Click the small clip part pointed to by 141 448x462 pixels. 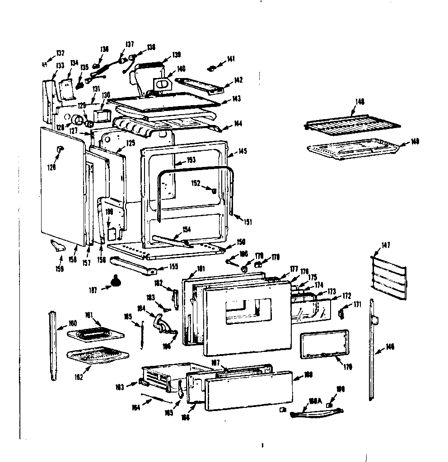[212, 68]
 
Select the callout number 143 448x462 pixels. [237, 98]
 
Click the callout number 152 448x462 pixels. [196, 183]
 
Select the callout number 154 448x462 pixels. [187, 229]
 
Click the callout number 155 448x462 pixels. [173, 267]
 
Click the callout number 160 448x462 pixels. [72, 323]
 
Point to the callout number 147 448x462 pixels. [386, 245]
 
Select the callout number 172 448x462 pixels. [347, 296]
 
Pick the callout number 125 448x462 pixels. [118, 143]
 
